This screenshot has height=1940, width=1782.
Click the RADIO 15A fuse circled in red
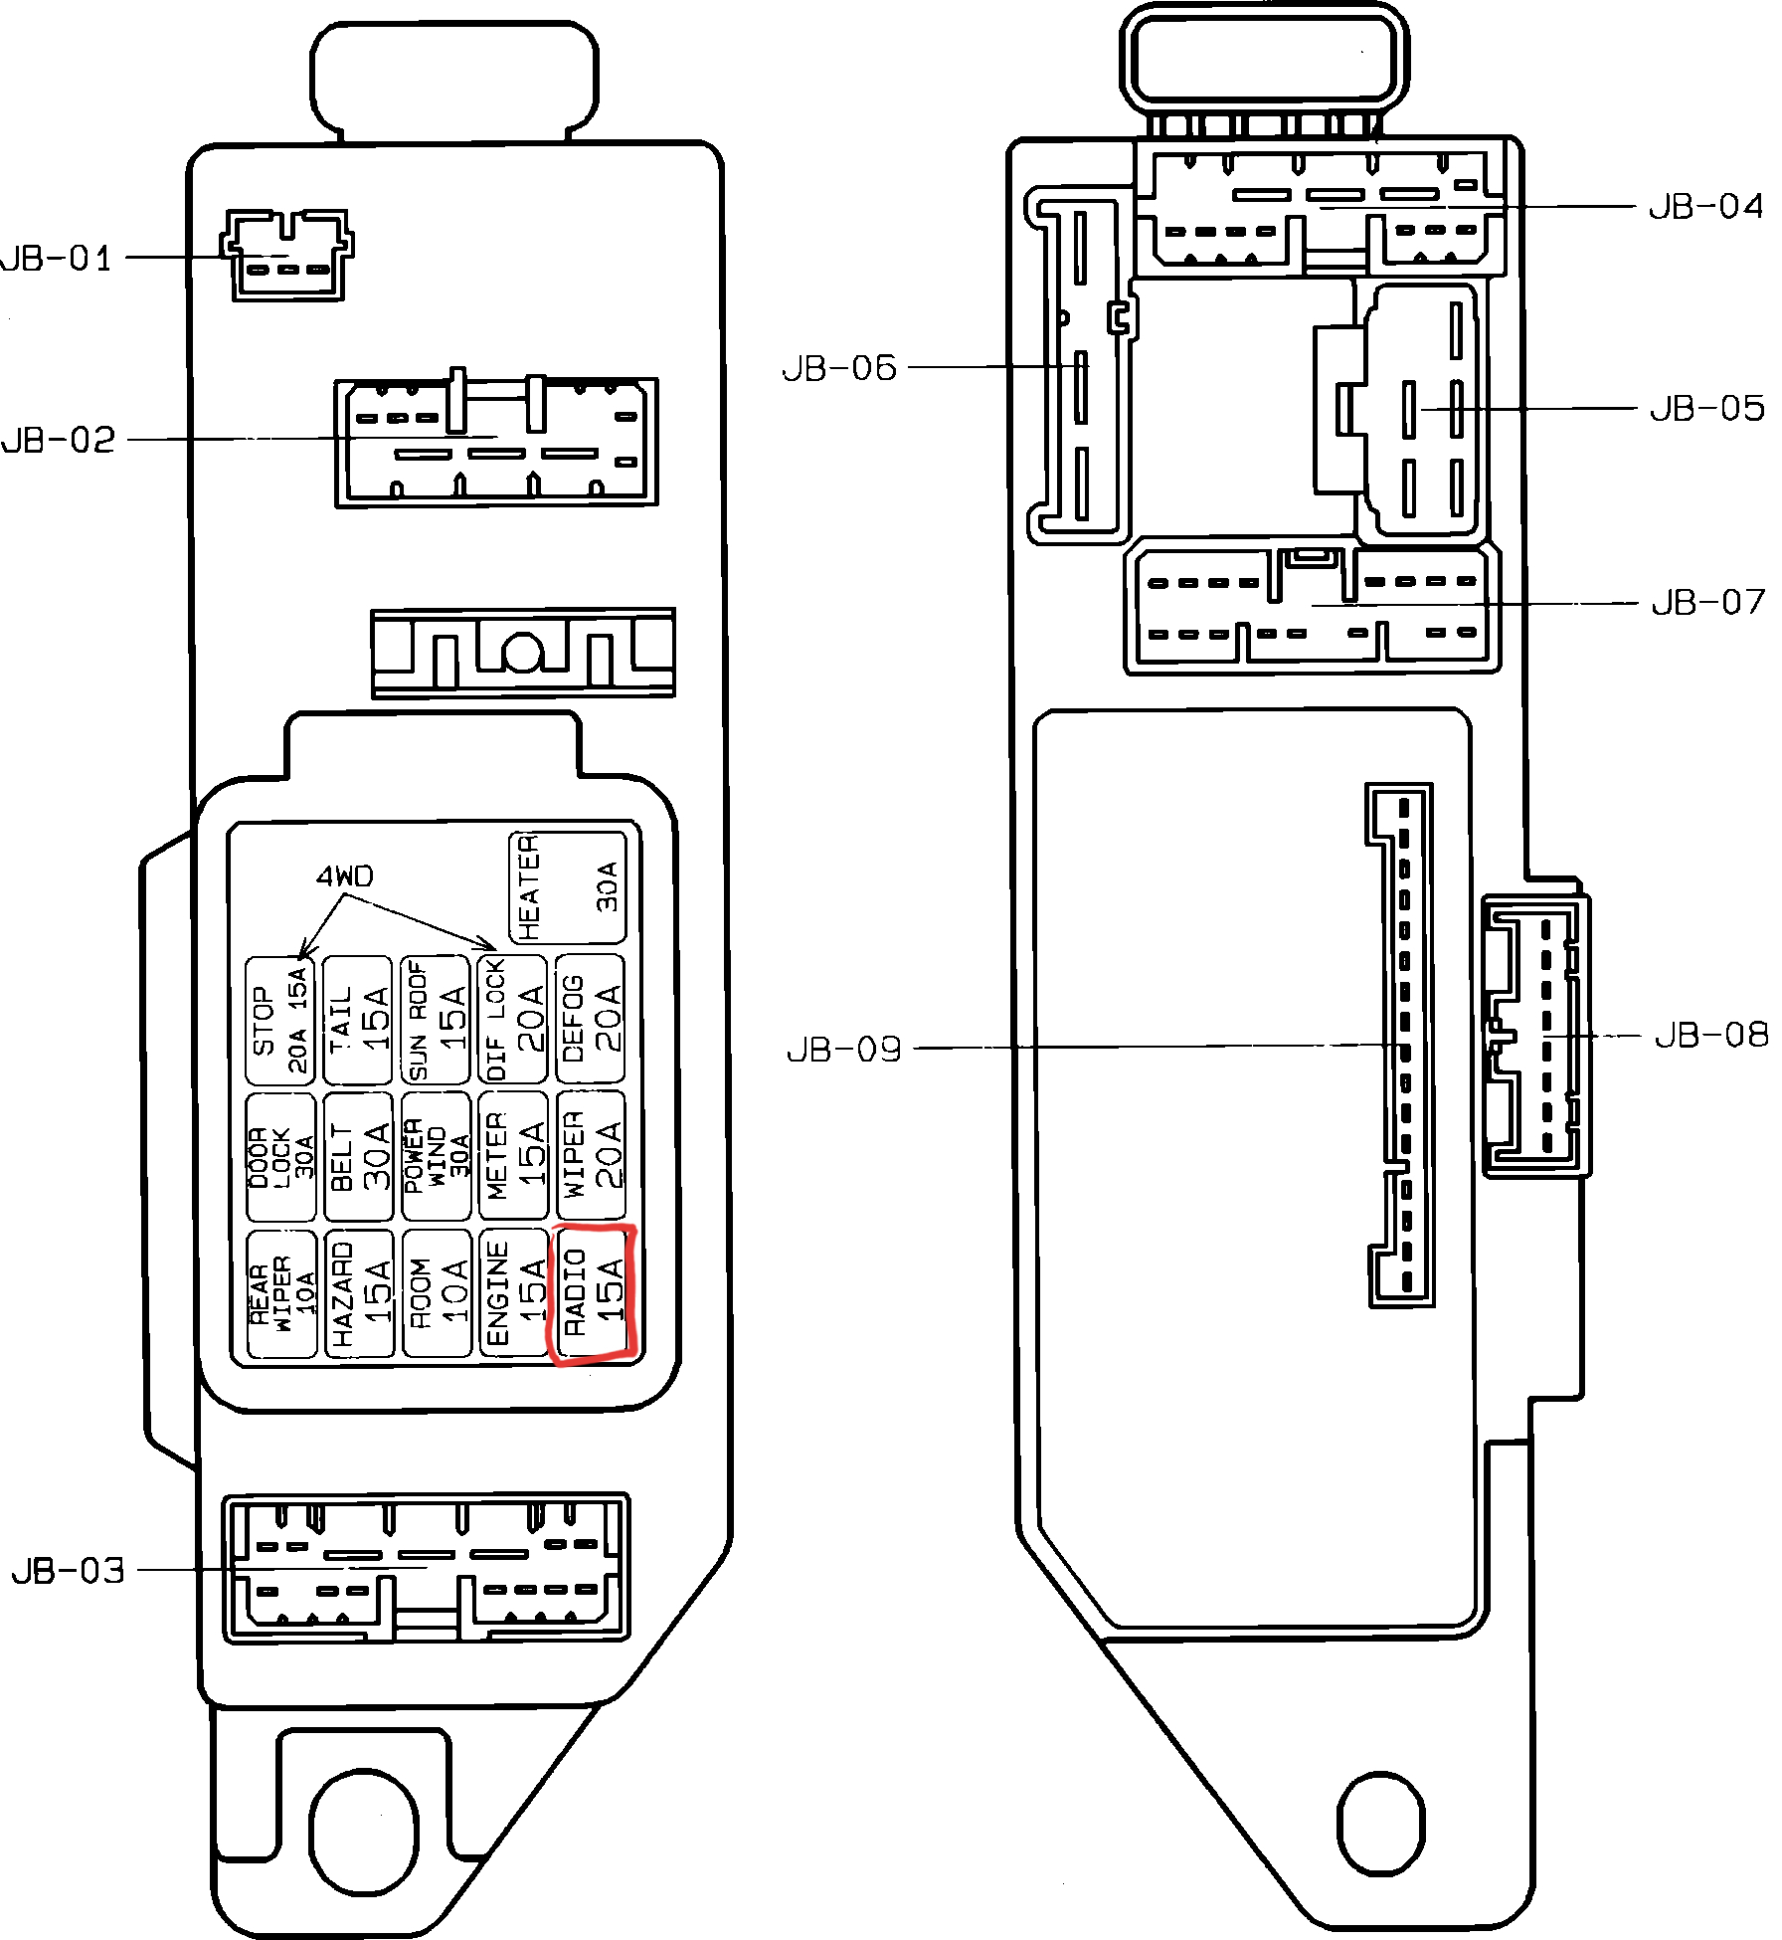pos(593,1293)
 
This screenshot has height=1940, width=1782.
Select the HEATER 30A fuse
pos(567,887)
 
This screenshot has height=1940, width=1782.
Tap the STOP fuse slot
pos(280,1021)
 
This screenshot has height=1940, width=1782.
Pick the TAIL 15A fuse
pos(358,1021)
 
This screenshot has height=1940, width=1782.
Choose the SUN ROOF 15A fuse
pos(436,1021)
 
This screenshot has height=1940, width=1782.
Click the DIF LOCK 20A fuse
pos(513,1021)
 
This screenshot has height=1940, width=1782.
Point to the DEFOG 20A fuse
pos(591,1019)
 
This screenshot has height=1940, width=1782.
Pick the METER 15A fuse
pos(513,1156)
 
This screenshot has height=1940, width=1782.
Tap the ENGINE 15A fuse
pos(513,1293)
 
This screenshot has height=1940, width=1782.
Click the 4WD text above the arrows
pos(344,876)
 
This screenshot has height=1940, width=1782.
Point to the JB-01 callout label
pos(57,259)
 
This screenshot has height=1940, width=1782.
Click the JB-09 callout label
pos(843,1050)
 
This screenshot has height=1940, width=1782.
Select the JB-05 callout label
pos(1706,408)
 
